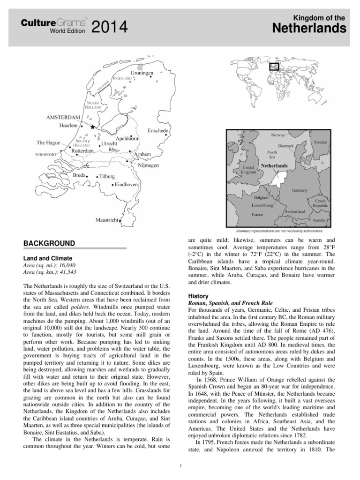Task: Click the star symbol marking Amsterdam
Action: coord(93,127)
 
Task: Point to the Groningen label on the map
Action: coord(142,74)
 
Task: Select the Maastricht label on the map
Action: coord(106,220)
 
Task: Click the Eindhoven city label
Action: coord(126,185)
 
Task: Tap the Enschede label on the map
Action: coord(158,130)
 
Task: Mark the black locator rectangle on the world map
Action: coord(273,67)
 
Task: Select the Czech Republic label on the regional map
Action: coord(321,202)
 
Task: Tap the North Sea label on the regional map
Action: coord(272,155)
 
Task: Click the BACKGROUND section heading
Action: coord(49,243)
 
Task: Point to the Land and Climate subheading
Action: coord(48,258)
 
